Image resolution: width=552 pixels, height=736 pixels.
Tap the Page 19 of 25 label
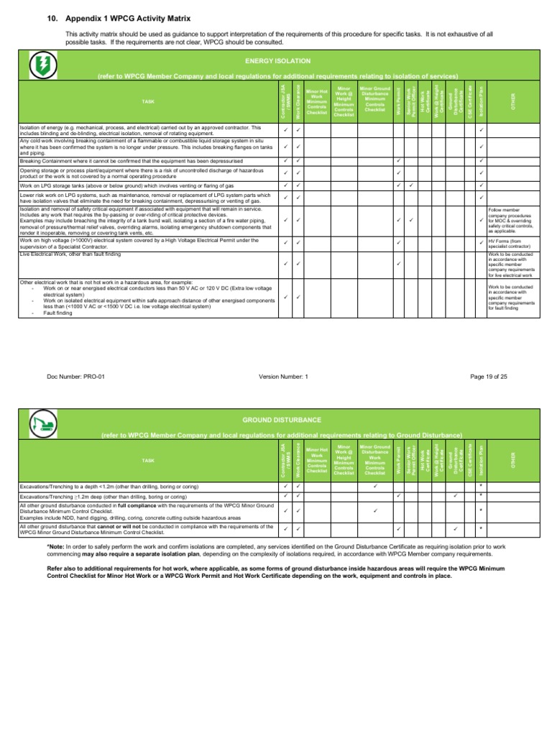tap(488, 376)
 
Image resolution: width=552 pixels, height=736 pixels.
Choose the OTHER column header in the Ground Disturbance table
tap(512, 458)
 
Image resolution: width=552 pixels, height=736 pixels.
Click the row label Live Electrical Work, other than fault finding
tap(70, 254)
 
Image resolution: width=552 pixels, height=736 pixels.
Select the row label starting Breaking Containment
tap(123, 160)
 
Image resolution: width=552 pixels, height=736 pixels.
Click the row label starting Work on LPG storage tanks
tap(122, 185)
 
